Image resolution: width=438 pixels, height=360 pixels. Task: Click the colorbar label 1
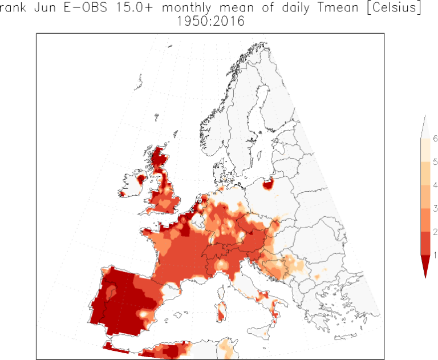tap(435, 254)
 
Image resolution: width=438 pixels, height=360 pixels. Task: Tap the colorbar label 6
tap(435, 139)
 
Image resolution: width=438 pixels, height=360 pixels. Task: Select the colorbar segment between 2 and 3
tap(425, 220)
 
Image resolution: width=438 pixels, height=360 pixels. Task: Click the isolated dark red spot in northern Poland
tap(267, 183)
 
